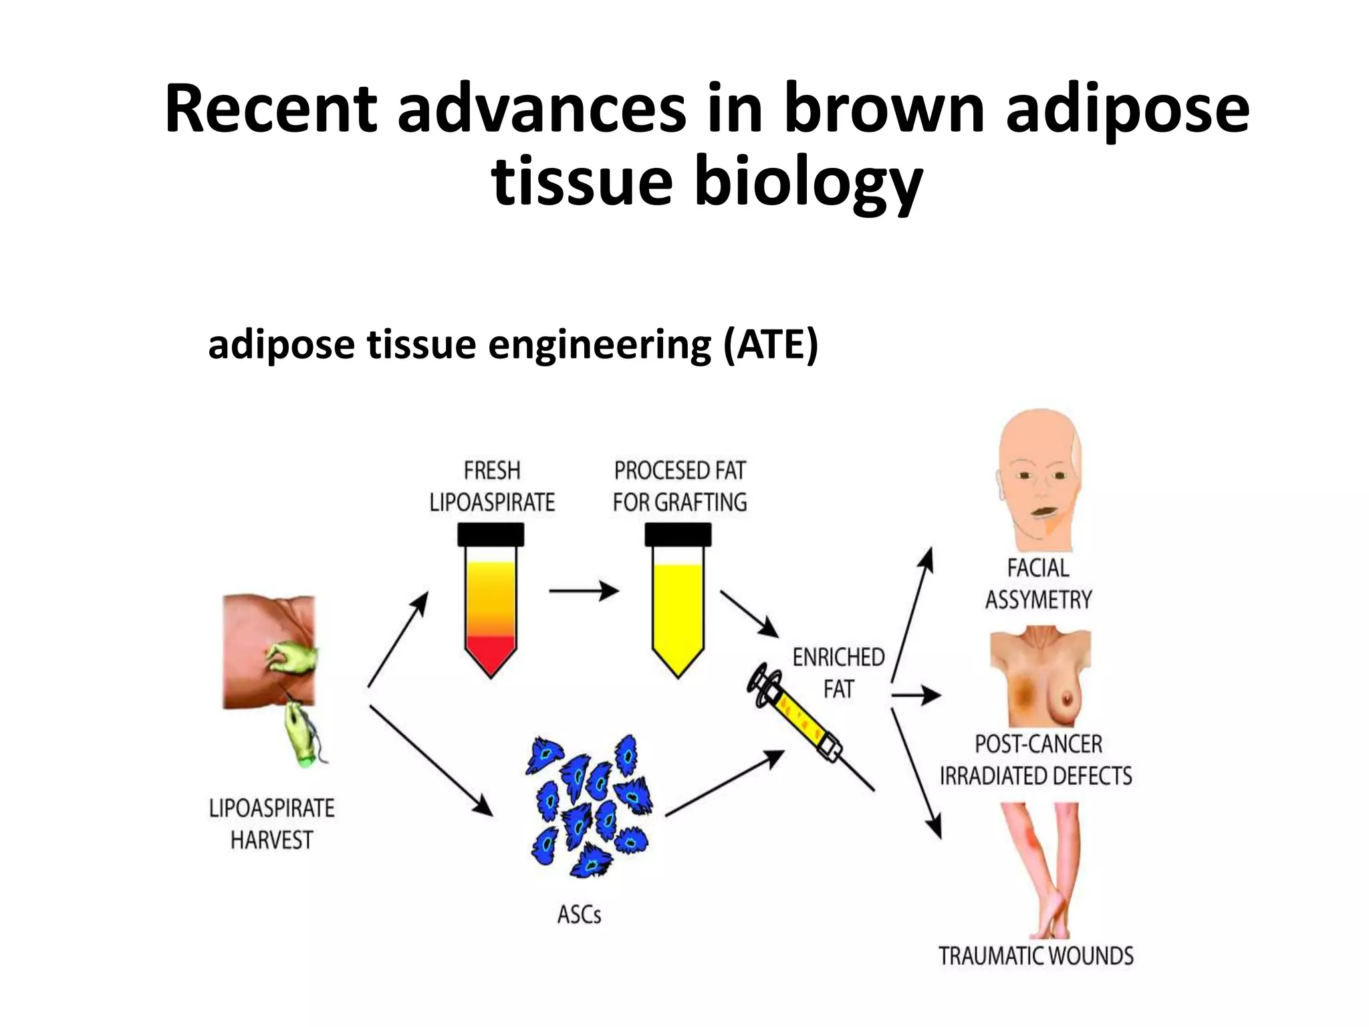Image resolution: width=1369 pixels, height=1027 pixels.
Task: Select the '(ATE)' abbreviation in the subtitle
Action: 770,345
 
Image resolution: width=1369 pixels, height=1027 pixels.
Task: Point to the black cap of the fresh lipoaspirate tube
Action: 491,534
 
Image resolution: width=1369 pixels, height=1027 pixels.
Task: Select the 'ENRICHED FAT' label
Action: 838,673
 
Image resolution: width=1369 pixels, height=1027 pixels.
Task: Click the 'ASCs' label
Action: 579,914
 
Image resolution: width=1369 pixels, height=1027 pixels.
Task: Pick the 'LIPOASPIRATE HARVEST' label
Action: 271,824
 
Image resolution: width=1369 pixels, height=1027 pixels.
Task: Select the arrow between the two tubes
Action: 584,591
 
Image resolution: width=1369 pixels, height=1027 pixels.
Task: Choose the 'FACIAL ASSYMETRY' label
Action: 1038,584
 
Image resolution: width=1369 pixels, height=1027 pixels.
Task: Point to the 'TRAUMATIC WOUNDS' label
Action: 1036,956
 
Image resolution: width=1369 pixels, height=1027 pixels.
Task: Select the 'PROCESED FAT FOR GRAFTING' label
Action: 680,486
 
